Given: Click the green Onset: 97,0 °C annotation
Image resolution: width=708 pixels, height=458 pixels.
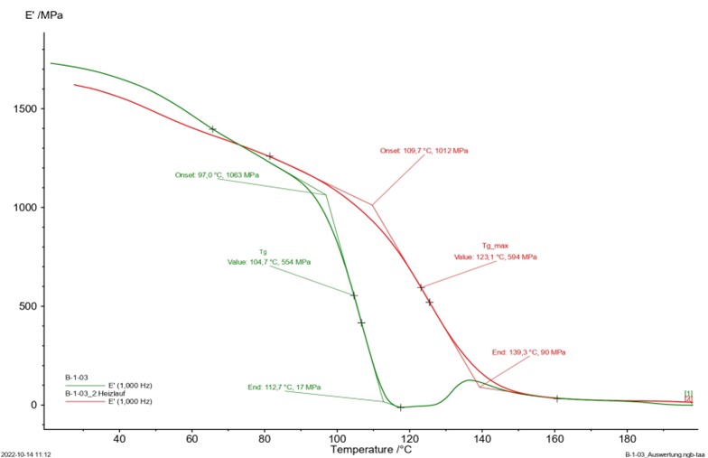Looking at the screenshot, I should point(217,175).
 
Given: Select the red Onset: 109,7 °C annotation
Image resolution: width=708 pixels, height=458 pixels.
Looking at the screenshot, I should point(424,151).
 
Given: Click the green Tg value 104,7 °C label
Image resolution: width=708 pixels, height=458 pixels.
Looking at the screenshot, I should point(269,262).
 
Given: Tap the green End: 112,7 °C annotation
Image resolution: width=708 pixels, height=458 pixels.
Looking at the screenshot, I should point(284,388).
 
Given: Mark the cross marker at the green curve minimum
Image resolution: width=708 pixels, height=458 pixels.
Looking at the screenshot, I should point(400,407).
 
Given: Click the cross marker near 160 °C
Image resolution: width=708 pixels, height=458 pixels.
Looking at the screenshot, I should point(557,398).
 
